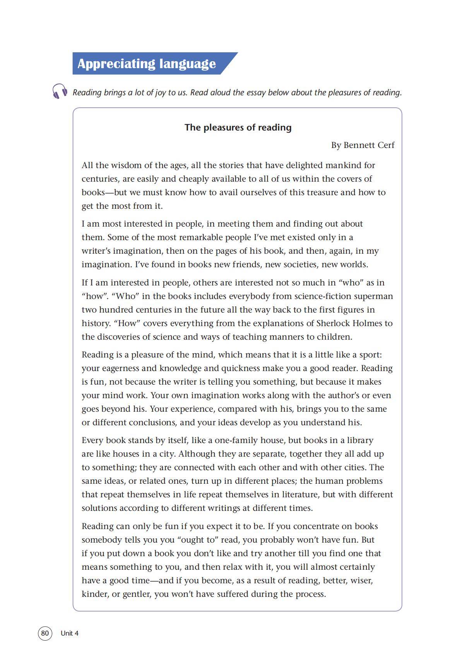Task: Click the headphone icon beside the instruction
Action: coord(60,91)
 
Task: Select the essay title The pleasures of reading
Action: coord(238,127)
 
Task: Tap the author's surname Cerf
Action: coord(385,145)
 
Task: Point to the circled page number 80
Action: coord(45,633)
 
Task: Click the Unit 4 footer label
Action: coord(70,633)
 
